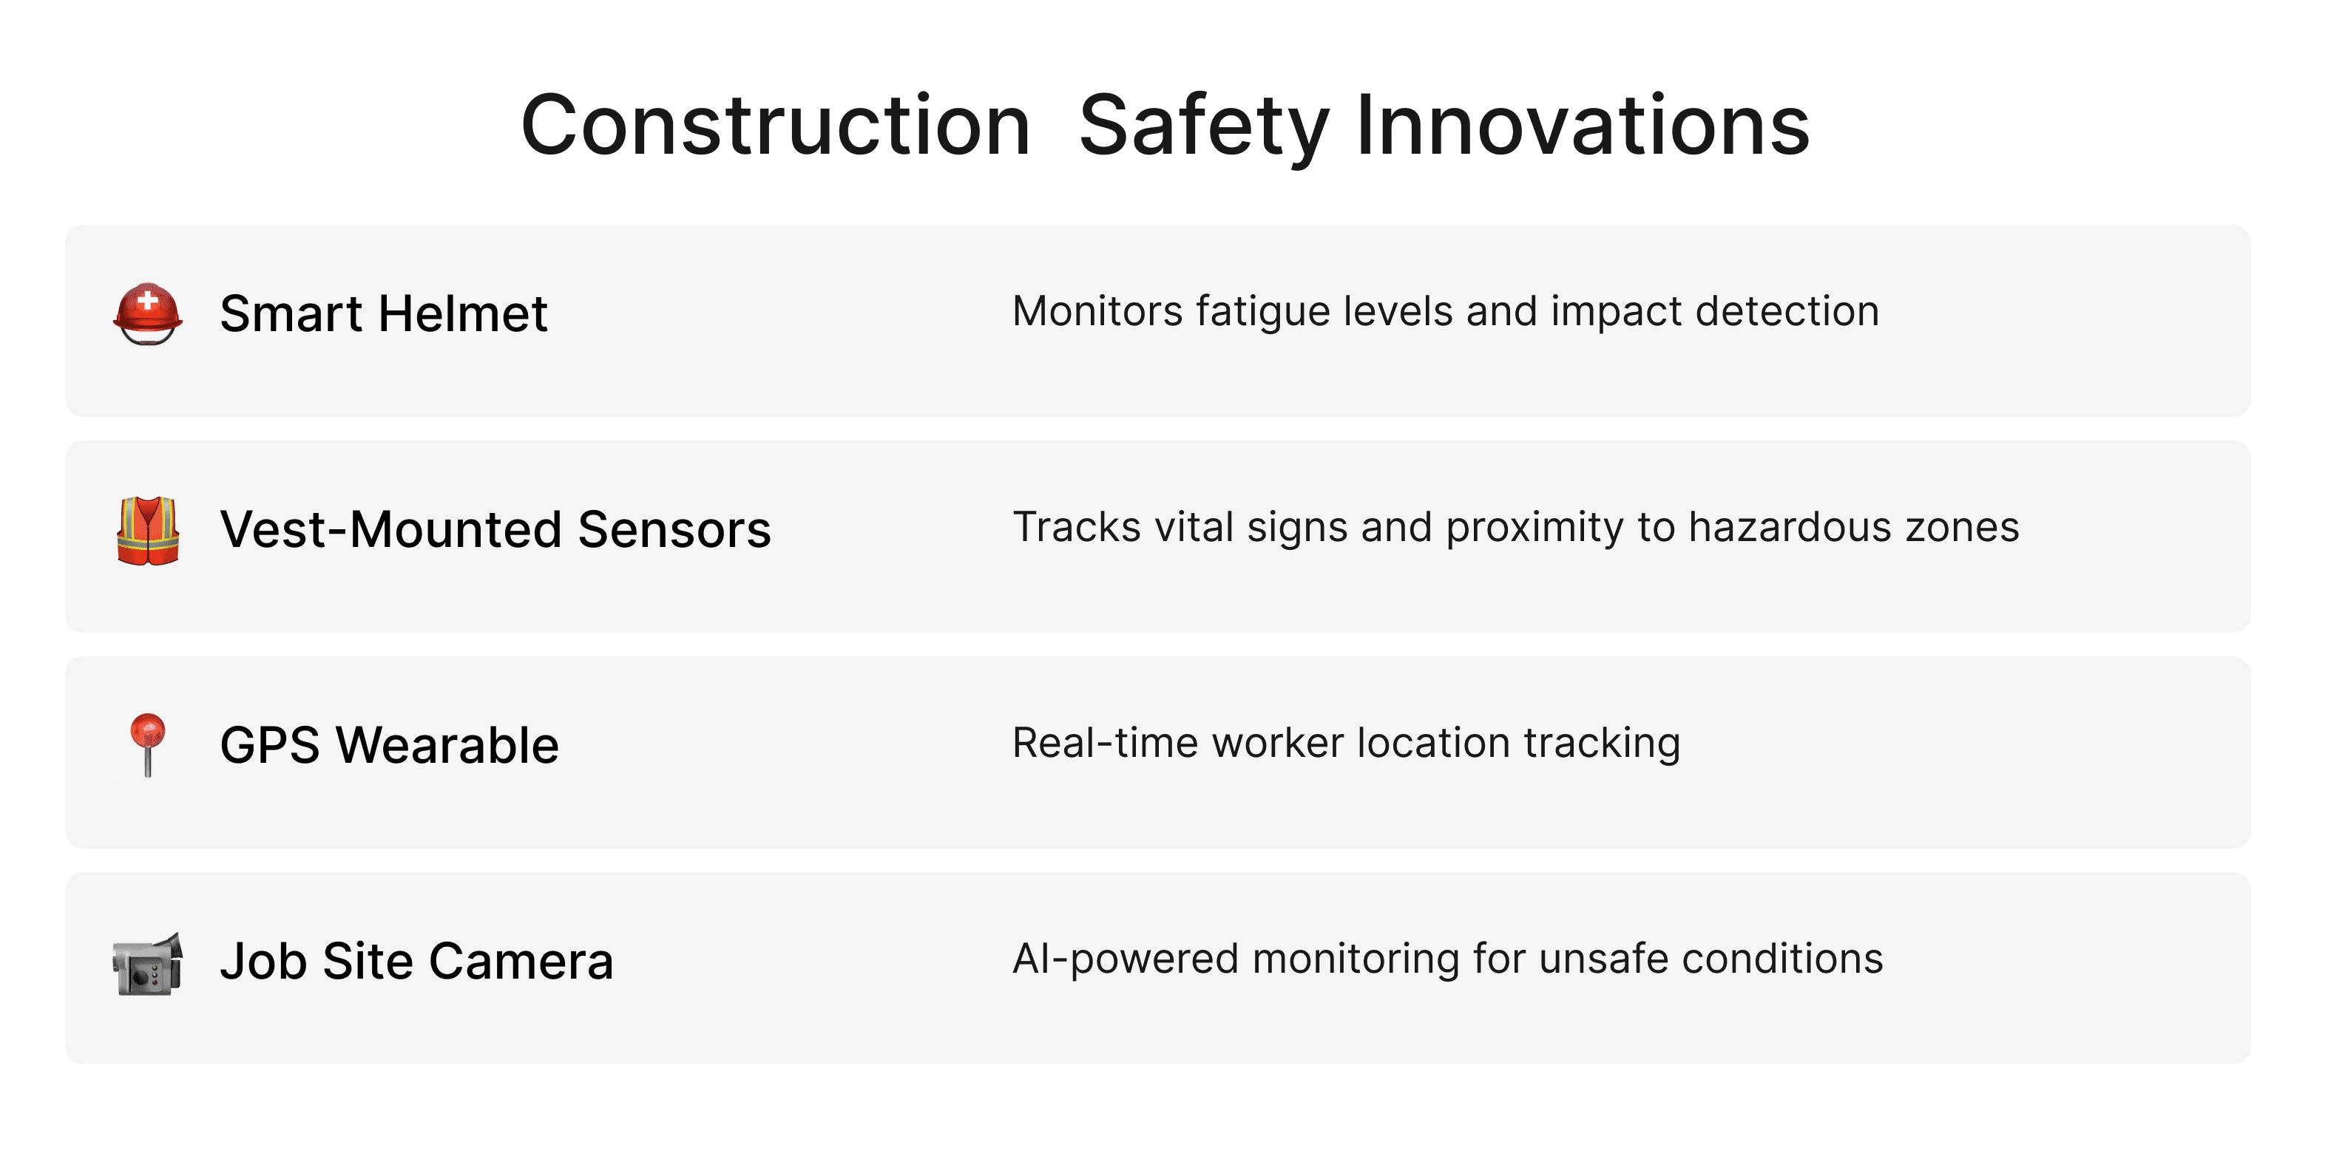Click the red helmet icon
148,314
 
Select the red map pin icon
147,744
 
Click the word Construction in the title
776,126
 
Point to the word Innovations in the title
1583,126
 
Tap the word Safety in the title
1204,127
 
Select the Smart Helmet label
383,313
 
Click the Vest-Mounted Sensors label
495,529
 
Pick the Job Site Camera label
416,960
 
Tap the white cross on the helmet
148,301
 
